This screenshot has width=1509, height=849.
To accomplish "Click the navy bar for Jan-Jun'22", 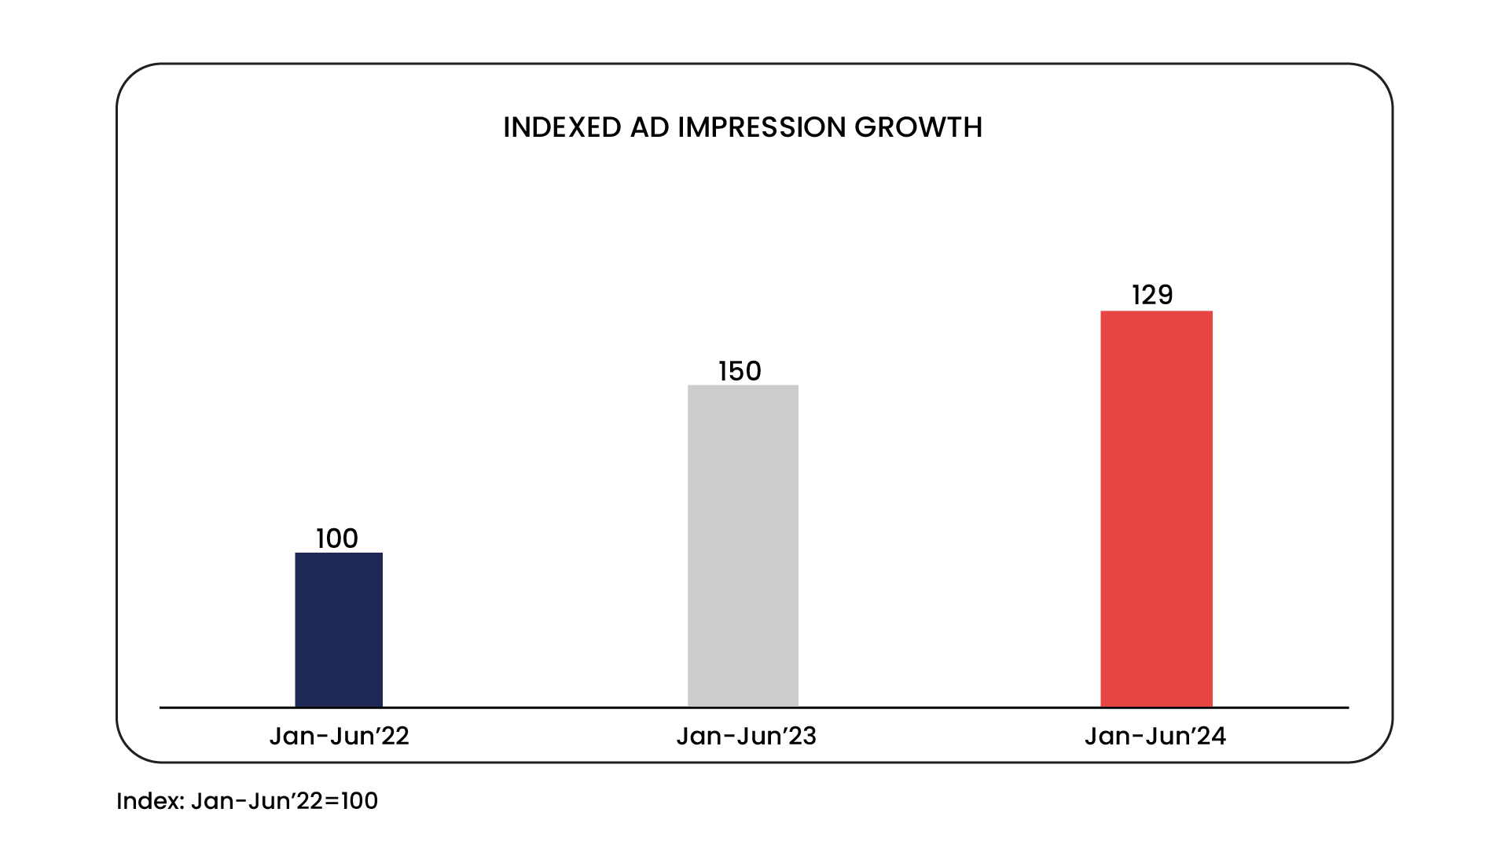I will [339, 630].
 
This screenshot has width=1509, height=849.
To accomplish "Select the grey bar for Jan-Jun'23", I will [743, 546].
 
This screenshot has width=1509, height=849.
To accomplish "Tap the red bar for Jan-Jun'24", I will [1156, 509].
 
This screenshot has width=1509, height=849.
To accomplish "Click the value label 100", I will [337, 538].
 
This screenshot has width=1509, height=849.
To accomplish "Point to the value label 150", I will [740, 371].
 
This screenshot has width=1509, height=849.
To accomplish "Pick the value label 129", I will [1152, 295].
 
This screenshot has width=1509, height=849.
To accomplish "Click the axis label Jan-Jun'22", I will [339, 736].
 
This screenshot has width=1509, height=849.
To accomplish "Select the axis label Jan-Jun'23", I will [746, 736].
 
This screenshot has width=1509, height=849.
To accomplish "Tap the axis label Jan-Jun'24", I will [1155, 736].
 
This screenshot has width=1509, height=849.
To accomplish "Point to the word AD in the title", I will [649, 127].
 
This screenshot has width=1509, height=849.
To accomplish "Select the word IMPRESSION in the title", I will [762, 127].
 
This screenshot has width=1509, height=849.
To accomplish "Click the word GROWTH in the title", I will [918, 127].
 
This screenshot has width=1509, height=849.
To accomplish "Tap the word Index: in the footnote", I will [150, 801].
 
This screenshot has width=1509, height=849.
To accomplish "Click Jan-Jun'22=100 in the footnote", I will [285, 801].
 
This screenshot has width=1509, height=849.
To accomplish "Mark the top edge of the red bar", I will [1156, 312].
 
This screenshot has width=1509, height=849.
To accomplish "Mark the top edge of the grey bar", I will [743, 386].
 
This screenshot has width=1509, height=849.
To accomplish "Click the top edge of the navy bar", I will [339, 553].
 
